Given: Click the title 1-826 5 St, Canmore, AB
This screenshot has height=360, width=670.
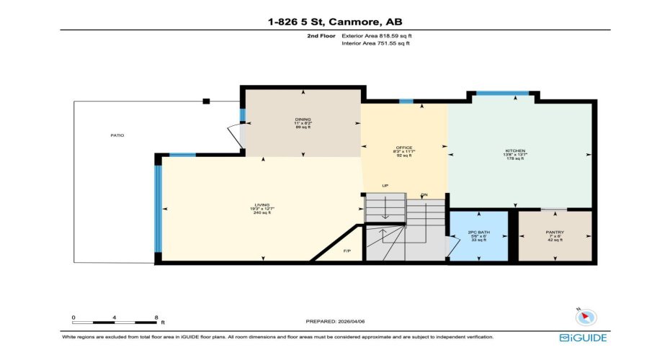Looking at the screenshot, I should (334, 22).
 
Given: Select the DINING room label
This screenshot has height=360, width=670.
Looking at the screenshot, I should (303, 120).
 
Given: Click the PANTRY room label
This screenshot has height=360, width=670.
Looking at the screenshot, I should (555, 232).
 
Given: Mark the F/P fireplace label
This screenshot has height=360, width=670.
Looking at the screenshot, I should (347, 251).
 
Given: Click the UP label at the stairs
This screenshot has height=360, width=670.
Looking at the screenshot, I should (385, 186).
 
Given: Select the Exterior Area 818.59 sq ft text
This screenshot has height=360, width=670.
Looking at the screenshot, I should (377, 35).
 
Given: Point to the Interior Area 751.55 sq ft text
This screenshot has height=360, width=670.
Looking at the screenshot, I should (376, 43).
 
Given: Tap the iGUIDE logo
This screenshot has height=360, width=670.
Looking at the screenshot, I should (583, 337).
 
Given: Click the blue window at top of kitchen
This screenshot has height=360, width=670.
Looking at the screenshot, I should (502, 93).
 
